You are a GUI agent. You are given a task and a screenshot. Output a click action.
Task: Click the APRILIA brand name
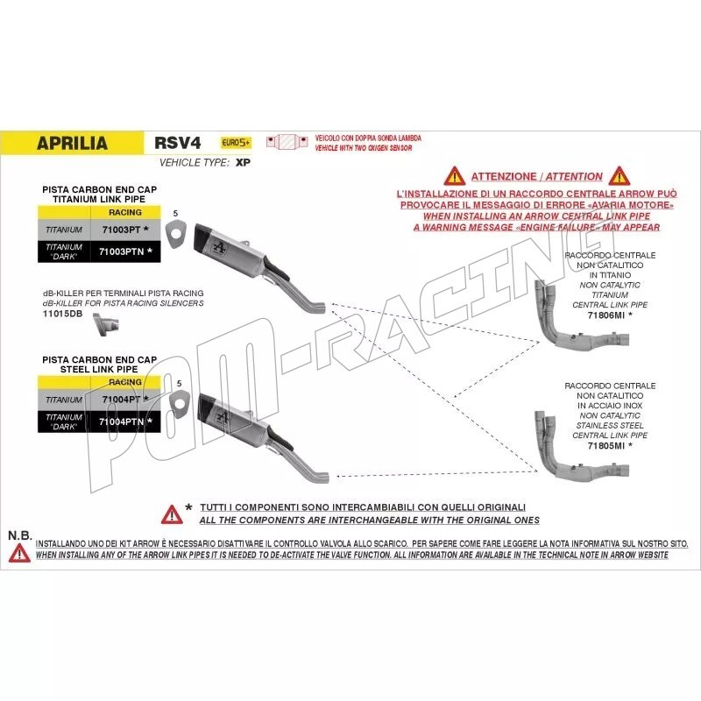pos(73,144)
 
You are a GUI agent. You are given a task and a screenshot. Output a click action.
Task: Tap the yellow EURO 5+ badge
pos(236,143)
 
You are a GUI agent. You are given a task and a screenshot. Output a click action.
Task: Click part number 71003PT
pos(124,230)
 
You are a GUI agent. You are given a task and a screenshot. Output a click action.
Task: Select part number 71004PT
pos(124,400)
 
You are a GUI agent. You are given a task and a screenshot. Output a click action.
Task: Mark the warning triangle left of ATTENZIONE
pos(452,175)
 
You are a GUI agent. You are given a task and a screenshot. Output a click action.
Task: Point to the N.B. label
pos(19,535)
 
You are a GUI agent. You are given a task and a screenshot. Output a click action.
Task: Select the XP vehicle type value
pos(244,163)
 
